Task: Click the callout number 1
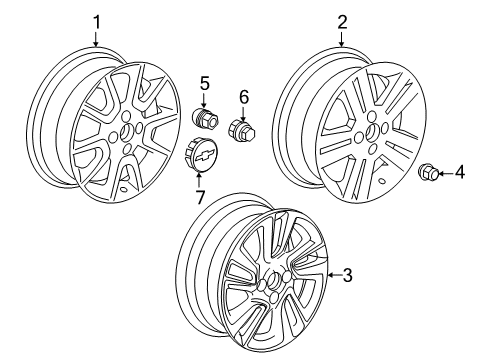point(97,21)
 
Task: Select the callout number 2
point(342,21)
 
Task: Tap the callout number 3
point(349,275)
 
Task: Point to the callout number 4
point(460,173)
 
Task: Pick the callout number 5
point(203,83)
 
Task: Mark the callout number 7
point(200,197)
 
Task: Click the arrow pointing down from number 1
point(97,40)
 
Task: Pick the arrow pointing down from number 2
point(342,40)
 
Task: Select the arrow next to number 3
point(330,275)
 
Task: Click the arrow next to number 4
point(443,173)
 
